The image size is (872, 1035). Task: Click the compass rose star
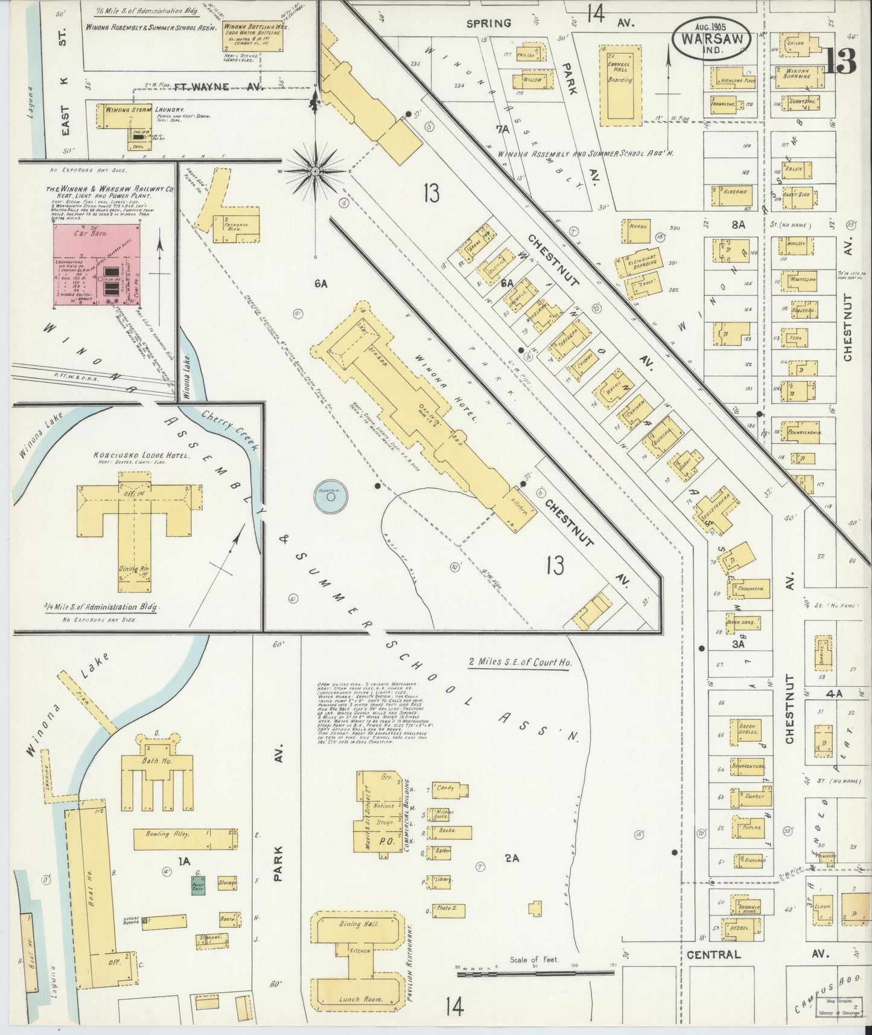pyautogui.click(x=314, y=171)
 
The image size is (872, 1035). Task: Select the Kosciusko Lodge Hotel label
pyautogui.click(x=133, y=456)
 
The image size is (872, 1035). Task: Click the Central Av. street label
pyautogui.click(x=713, y=955)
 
